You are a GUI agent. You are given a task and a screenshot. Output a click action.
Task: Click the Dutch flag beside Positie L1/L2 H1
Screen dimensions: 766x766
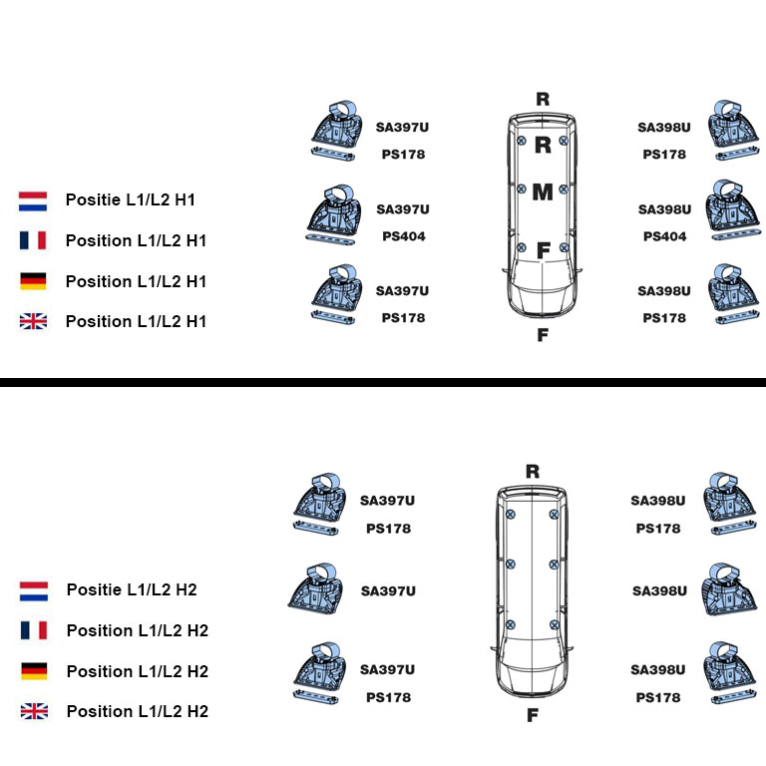pyautogui.click(x=33, y=201)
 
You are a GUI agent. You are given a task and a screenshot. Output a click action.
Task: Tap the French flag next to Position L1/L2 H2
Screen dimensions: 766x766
pyautogui.click(x=34, y=630)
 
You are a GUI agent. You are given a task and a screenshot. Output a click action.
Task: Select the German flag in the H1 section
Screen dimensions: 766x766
pyautogui.click(x=33, y=281)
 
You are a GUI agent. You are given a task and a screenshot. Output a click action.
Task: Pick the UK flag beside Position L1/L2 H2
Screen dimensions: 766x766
pyautogui.click(x=34, y=711)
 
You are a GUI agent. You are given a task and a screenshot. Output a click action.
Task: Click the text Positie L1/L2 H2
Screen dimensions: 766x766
pyautogui.click(x=132, y=589)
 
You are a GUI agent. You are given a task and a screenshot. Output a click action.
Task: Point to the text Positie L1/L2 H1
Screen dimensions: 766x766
pyautogui.click(x=131, y=199)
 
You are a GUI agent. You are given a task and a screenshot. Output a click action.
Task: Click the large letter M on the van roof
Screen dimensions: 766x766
pyautogui.click(x=543, y=191)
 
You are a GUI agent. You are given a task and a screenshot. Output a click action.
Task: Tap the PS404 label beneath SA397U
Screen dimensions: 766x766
pyautogui.click(x=404, y=236)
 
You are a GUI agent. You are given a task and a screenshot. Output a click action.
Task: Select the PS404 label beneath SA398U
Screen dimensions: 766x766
pyautogui.click(x=664, y=236)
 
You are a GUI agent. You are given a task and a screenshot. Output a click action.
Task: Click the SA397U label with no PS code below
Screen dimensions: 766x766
pyautogui.click(x=388, y=591)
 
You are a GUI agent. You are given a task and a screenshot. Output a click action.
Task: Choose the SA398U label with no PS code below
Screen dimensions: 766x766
pyautogui.click(x=659, y=591)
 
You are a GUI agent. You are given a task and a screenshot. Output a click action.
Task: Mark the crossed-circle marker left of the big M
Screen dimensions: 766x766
pyautogui.click(x=522, y=190)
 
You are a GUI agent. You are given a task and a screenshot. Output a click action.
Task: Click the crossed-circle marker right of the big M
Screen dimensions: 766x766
pyautogui.click(x=564, y=190)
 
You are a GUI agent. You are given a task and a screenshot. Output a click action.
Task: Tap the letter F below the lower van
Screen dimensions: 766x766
pyautogui.click(x=533, y=715)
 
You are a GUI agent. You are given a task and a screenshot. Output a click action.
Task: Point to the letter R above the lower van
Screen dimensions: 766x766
pyautogui.click(x=533, y=472)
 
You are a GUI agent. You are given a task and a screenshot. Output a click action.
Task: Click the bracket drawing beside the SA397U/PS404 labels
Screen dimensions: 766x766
pyautogui.click(x=332, y=214)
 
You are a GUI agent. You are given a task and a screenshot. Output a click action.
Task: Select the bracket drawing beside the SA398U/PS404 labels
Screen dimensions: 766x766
pyautogui.click(x=732, y=210)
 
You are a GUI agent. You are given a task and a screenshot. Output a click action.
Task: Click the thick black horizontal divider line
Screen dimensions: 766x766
pyautogui.click(x=383, y=382)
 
